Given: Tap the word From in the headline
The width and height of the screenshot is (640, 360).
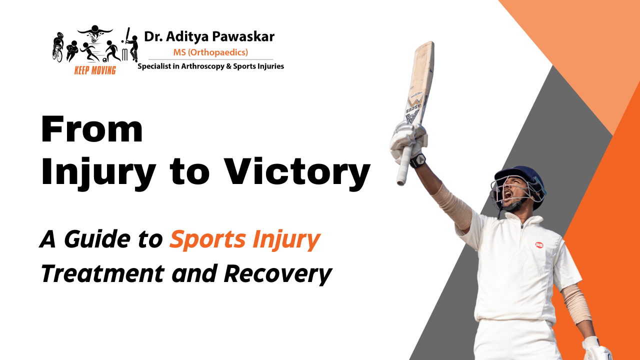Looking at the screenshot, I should coord(92,129).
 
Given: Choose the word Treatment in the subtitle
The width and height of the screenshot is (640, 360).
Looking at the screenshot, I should coord(102,273).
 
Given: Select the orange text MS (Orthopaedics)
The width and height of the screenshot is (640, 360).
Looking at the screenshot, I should coord(210,52).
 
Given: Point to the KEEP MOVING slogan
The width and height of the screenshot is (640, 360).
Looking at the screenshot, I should coord(95,70).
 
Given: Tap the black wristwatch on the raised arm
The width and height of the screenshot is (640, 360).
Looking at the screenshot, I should coord(418,160).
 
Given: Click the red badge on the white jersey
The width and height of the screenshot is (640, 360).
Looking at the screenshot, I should coord(539,245).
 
